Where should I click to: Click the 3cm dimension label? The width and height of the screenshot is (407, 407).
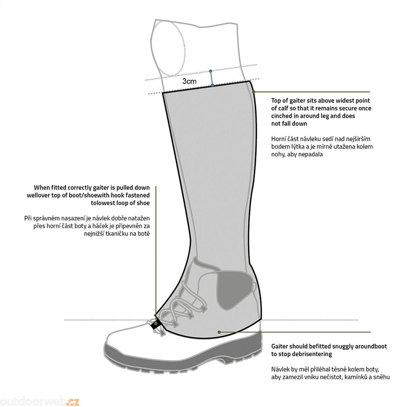click(189, 81)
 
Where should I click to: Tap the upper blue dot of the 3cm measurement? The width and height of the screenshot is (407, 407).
click(211, 71)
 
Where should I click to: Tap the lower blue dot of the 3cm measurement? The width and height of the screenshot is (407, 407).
click(212, 85)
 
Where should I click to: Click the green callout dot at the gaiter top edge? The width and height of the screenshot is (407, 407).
click(254, 92)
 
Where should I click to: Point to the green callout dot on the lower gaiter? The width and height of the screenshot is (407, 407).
click(219, 332)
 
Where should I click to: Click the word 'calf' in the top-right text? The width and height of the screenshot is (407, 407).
click(282, 108)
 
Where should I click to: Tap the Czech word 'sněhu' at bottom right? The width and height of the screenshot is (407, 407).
click(382, 377)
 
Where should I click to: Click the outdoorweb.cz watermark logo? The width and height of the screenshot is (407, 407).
click(39, 402)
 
